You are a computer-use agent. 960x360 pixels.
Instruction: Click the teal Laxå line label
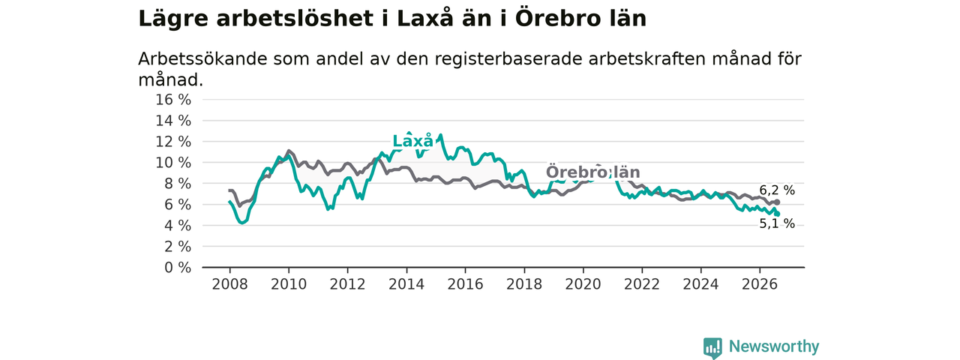click(x=412, y=141)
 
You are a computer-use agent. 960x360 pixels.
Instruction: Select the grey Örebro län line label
click(x=592, y=172)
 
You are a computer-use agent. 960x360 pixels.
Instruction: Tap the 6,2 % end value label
click(x=777, y=190)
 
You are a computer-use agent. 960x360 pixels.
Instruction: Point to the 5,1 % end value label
click(x=777, y=223)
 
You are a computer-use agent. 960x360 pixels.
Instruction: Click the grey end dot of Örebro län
click(x=777, y=202)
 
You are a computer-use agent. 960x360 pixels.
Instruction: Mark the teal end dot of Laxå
click(x=777, y=214)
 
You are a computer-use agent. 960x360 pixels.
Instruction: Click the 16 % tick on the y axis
click(x=173, y=100)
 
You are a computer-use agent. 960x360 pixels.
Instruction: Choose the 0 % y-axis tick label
click(x=178, y=268)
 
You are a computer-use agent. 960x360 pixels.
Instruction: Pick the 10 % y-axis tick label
click(x=173, y=163)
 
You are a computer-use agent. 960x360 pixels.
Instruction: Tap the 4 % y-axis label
click(x=178, y=226)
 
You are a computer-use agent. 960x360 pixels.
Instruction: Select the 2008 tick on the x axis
click(x=229, y=284)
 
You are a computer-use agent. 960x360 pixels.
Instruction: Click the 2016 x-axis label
click(x=466, y=284)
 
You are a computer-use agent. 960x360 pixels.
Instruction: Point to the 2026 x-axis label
click(x=760, y=284)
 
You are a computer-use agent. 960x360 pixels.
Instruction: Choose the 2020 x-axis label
click(x=583, y=284)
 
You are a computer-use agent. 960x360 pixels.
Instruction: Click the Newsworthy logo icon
click(x=712, y=347)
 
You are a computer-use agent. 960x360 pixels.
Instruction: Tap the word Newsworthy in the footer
click(x=774, y=346)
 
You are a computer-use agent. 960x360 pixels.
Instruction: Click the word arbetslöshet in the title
click(x=295, y=19)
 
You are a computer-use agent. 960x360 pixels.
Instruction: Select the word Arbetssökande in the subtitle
click(x=202, y=59)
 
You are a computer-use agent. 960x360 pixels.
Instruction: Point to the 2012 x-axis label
click(x=347, y=284)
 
